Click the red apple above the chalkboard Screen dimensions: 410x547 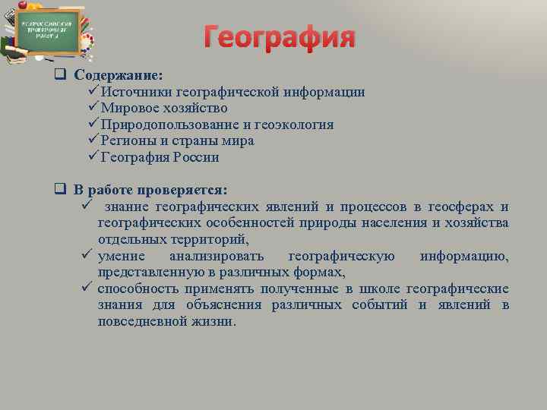pos(23,5)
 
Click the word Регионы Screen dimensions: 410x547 pos(128,140)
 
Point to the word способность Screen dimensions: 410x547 pos(137,289)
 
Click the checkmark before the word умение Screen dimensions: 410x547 pos(86,256)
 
